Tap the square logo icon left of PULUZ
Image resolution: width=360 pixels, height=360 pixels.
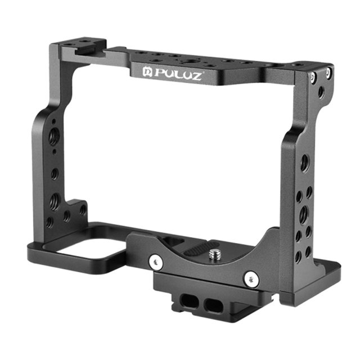point(147,72)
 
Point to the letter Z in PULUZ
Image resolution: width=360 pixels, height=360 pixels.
point(196,76)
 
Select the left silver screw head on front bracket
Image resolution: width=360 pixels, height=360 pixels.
point(156,261)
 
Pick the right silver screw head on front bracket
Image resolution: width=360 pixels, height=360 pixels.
point(251,279)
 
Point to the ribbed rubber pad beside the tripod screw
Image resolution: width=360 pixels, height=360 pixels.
point(197,251)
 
